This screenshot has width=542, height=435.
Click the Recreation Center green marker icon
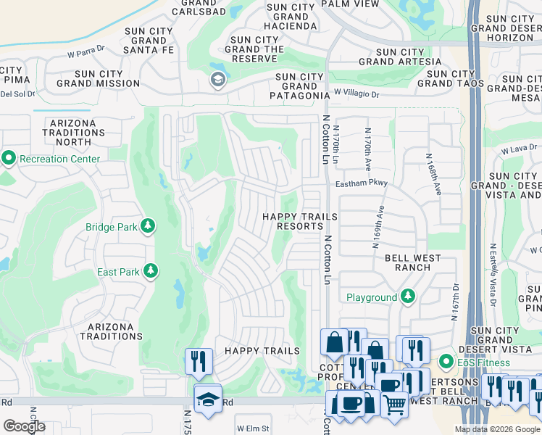tap(9, 158)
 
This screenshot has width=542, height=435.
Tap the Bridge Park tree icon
tap(149, 227)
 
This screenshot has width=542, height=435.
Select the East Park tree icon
tap(151, 272)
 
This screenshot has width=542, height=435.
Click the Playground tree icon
tap(408, 297)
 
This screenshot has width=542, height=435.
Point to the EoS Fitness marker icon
tap(446, 361)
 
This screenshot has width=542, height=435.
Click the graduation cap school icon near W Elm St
tap(208, 399)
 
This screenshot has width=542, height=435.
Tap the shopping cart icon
tap(394, 405)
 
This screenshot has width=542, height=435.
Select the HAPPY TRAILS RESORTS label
tap(293, 221)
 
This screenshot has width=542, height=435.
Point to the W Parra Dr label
tap(86, 52)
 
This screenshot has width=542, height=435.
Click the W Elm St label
tap(252, 428)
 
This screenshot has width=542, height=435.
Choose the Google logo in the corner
tap(24, 426)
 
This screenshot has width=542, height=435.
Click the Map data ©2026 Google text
tap(497, 429)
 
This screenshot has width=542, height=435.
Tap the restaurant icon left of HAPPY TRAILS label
tap(199, 360)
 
